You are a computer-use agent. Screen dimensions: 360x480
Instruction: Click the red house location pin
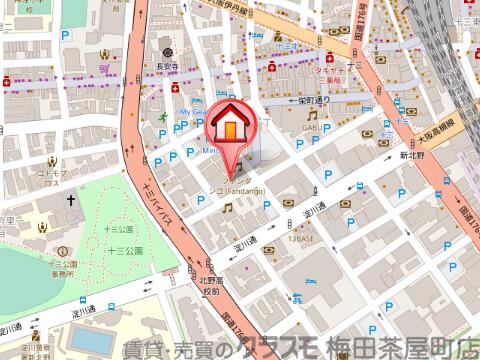(230, 125)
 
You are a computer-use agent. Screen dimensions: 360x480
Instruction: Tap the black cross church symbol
(71, 201)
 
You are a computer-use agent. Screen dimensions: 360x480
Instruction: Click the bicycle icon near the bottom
(296, 297)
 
